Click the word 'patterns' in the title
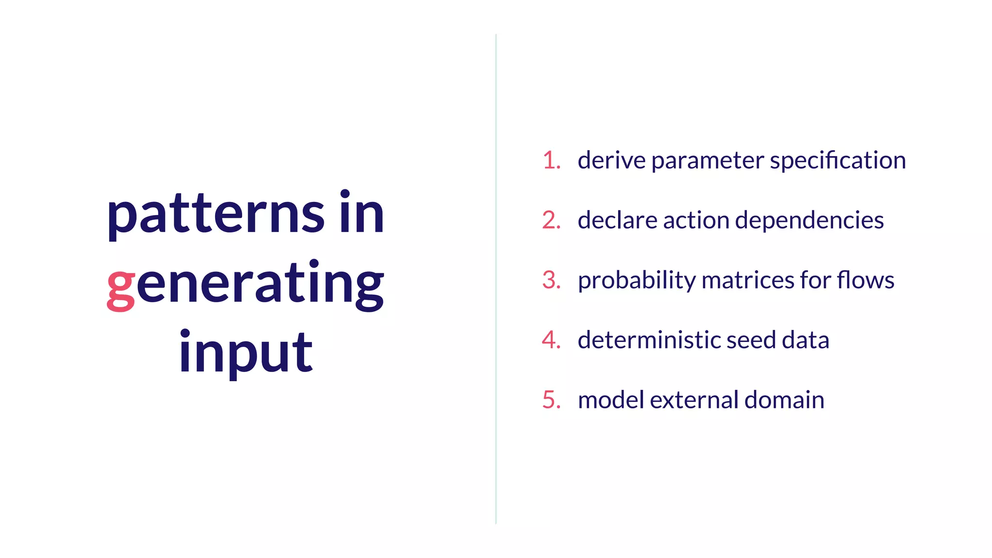point(216,215)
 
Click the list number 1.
point(551,160)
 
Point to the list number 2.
point(551,220)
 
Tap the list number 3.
point(551,280)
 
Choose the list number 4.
point(551,340)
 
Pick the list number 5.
point(551,400)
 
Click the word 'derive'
point(611,160)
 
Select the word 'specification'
point(838,160)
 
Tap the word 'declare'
point(617,220)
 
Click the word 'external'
point(694,400)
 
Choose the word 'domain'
point(784,400)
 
